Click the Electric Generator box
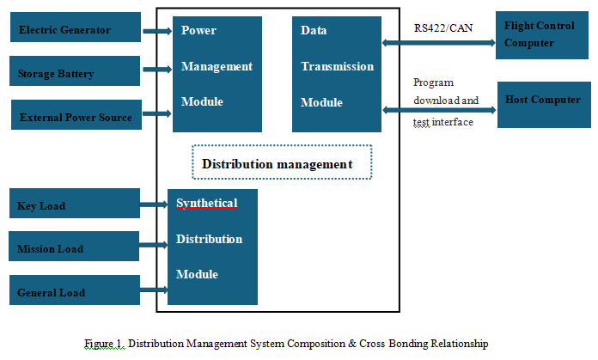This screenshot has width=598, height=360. (x=76, y=27)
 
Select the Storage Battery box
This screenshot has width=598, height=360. (x=75, y=71)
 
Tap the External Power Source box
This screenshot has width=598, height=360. (x=76, y=115)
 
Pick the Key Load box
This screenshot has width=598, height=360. (x=75, y=204)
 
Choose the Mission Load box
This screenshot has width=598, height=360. (x=74, y=247)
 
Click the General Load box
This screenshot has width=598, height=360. (x=75, y=290)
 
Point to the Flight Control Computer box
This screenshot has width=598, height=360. (x=542, y=35)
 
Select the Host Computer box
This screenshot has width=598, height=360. (x=544, y=105)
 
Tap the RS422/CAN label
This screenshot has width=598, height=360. (x=443, y=28)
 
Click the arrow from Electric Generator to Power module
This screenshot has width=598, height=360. (x=157, y=31)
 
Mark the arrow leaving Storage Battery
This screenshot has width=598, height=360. (x=157, y=69)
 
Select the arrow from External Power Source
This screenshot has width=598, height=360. (x=157, y=113)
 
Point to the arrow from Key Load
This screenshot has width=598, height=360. (x=154, y=204)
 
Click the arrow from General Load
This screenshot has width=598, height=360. (x=154, y=290)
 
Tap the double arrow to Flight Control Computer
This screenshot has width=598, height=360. (x=439, y=43)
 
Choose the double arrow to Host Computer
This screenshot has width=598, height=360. (x=439, y=110)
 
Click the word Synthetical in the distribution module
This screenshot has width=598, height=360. (x=207, y=204)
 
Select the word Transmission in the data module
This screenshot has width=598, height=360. (x=337, y=66)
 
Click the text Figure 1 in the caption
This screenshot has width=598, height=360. (x=104, y=344)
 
